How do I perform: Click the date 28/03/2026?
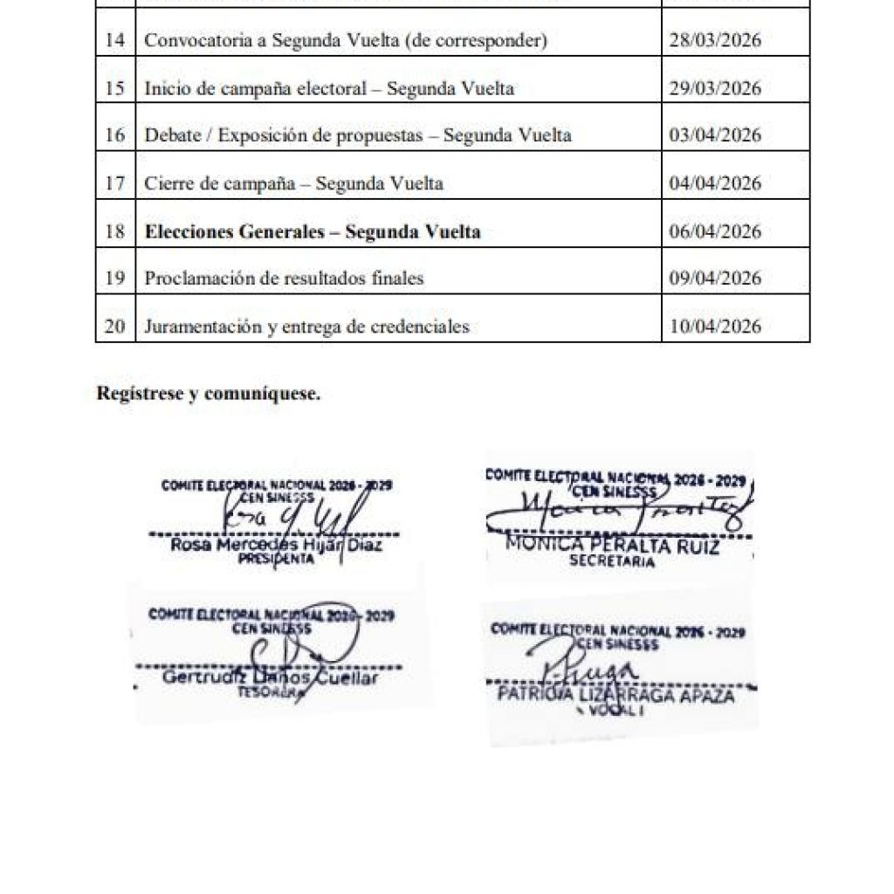click(x=714, y=41)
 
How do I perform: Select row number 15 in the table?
click(x=114, y=88)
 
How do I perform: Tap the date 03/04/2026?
click(x=714, y=135)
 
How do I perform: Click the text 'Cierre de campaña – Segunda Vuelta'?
click(x=293, y=183)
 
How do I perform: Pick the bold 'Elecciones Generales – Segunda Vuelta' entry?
click(x=313, y=231)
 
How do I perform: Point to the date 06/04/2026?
click(x=714, y=231)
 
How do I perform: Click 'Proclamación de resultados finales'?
click(x=284, y=279)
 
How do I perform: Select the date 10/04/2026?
click(x=714, y=327)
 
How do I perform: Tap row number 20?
click(x=114, y=327)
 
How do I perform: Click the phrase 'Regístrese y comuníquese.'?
click(x=209, y=394)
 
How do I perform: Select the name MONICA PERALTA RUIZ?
click(x=613, y=547)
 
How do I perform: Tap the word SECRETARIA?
click(x=612, y=562)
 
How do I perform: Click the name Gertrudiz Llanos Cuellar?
click(x=271, y=678)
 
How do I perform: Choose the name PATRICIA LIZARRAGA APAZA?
click(x=615, y=696)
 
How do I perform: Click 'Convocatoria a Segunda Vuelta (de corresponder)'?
click(x=346, y=41)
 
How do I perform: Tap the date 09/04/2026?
click(x=714, y=279)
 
